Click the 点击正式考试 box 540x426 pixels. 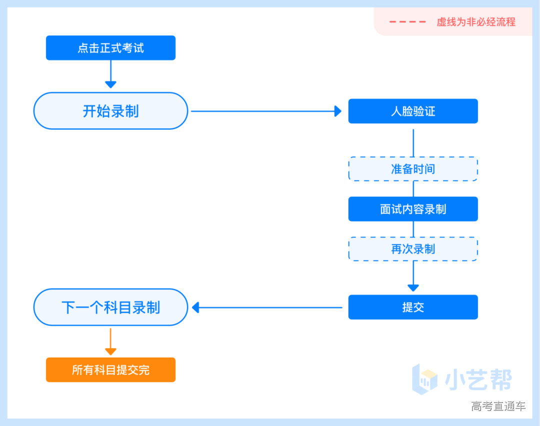[110, 48]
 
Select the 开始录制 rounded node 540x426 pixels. [110, 111]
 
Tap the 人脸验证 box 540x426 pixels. [413, 111]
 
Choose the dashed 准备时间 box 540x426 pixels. [413, 169]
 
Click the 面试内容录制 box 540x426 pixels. [413, 209]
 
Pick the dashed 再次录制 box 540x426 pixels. [413, 249]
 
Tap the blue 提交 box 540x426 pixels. [413, 307]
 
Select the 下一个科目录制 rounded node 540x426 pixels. [110, 307]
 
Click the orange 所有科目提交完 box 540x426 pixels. [110, 370]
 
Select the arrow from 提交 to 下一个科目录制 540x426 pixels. [267, 307]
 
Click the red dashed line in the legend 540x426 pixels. [407, 22]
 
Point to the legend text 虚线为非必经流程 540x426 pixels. [476, 22]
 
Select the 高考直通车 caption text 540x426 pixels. [498, 406]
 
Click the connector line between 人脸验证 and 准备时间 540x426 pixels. [413, 142]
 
